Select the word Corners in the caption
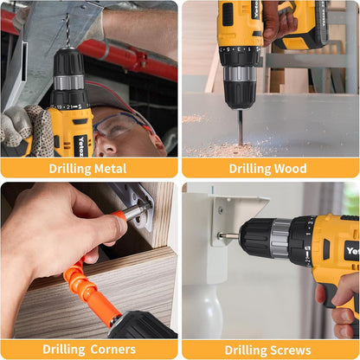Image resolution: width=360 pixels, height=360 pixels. coord(112,350)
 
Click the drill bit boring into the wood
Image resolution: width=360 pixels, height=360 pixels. coord(240,125)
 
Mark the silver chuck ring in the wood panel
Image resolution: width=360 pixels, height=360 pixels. coord(240,74)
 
